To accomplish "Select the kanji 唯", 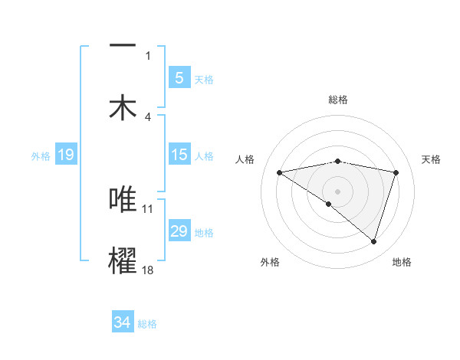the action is click(123, 198).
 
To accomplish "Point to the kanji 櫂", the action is click(123, 260).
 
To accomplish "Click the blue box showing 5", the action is click(179, 77).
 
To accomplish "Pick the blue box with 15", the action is click(179, 155).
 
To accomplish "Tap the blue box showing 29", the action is click(179, 231).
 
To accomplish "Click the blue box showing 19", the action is click(65, 155).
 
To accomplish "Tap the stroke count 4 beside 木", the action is click(148, 117).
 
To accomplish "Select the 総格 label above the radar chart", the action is click(337, 100).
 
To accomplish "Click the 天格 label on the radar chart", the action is click(431, 159).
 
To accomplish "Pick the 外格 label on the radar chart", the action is click(270, 262).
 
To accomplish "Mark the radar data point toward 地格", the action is click(373, 241).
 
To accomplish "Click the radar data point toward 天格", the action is click(396, 172).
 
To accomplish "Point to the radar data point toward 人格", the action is click(280, 172).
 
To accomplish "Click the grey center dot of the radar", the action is click(337, 191).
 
